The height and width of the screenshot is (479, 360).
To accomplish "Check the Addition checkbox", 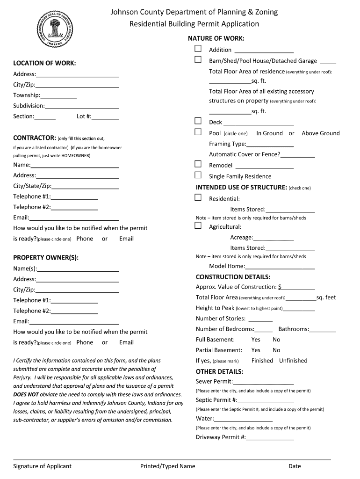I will [x=198, y=49].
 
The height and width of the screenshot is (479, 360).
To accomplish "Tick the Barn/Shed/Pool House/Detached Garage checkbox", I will [x=198, y=60].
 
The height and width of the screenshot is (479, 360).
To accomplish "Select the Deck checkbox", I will [x=198, y=122].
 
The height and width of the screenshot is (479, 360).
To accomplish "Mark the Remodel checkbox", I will [x=198, y=165].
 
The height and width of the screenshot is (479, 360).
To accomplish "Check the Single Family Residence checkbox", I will [x=198, y=175].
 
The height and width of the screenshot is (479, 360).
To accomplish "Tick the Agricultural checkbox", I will [x=198, y=226].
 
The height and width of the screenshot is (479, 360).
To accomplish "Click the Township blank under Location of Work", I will [x=58, y=96].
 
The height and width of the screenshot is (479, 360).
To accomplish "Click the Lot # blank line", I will [x=105, y=117].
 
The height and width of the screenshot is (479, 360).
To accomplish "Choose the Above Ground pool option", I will [x=320, y=133].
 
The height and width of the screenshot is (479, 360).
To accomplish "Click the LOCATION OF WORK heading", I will [x=44, y=63].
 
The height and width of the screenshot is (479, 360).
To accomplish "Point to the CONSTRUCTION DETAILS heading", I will [x=233, y=277].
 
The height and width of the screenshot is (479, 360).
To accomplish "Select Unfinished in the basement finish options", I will [x=293, y=361].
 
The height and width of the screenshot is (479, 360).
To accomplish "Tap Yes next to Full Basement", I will [x=256, y=340].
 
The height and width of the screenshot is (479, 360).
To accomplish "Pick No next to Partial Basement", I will [x=276, y=350].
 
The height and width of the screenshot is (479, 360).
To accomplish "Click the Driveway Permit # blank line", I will [x=270, y=438].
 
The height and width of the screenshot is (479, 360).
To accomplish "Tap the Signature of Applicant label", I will [x=42, y=466].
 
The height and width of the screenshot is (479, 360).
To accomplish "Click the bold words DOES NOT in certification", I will [x=26, y=394].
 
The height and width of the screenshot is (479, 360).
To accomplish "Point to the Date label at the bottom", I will [x=295, y=466].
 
